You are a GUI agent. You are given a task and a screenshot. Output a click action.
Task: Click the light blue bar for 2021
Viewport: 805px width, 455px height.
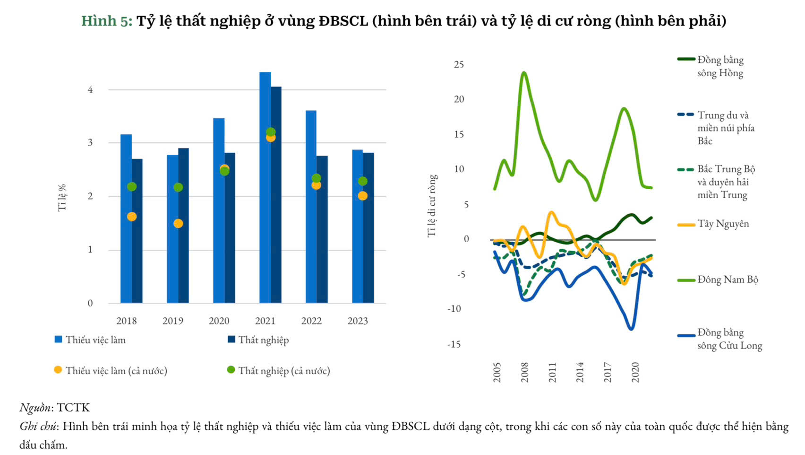click(265, 189)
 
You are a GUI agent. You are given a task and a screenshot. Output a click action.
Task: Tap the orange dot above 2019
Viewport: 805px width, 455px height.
click(178, 223)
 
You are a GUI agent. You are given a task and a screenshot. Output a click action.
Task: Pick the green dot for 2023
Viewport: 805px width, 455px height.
click(362, 181)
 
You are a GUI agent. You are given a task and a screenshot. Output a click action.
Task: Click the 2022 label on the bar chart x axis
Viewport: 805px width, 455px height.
click(311, 321)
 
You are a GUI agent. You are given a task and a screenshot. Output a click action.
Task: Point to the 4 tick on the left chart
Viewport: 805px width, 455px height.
click(90, 89)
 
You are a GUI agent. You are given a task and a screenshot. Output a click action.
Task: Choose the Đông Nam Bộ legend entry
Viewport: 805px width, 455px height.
click(728, 280)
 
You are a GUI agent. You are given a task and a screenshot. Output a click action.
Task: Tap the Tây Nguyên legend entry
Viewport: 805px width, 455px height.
click(723, 224)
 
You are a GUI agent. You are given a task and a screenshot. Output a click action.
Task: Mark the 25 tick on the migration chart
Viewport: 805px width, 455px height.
click(459, 64)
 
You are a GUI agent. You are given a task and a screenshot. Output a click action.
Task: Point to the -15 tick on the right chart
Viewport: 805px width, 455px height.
click(454, 344)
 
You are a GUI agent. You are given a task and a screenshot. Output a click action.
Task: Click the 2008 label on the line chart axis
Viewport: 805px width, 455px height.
click(524, 373)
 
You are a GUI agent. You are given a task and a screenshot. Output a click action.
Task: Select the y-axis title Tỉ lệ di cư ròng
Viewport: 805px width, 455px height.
click(432, 206)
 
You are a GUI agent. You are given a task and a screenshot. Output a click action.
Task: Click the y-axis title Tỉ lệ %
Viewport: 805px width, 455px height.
click(62, 198)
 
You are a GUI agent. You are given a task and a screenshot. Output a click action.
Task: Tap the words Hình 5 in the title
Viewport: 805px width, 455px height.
click(107, 21)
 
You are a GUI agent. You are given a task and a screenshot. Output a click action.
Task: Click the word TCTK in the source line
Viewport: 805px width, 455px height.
click(73, 408)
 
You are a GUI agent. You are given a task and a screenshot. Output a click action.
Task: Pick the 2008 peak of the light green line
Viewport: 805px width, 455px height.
click(524, 72)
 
